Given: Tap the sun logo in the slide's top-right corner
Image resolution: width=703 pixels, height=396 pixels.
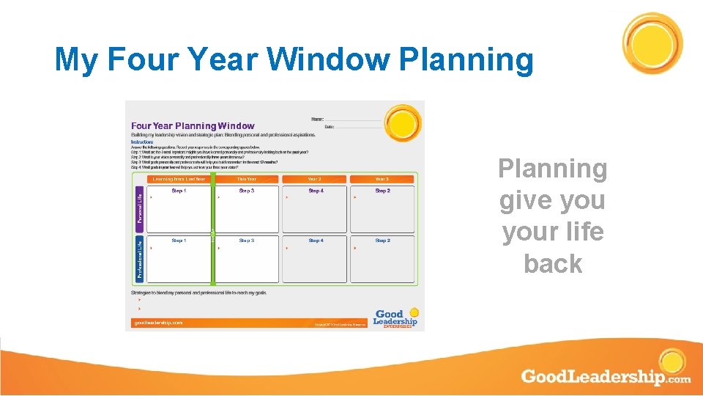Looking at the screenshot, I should (652, 43).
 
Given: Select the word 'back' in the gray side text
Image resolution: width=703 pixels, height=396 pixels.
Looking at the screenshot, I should (553, 263).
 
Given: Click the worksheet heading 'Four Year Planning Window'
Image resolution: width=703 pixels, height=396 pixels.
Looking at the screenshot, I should (193, 126).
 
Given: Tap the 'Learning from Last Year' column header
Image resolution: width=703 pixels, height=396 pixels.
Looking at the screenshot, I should (178, 179).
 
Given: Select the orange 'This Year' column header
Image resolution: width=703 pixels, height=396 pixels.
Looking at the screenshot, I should (247, 179).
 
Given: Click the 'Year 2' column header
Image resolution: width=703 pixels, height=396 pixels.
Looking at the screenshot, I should (315, 179).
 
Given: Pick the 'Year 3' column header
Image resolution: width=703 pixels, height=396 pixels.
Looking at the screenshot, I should (382, 179).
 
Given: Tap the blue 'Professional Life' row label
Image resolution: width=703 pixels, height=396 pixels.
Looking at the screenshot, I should (140, 259).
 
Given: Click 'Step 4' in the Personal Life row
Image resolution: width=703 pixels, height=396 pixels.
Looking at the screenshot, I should (316, 191).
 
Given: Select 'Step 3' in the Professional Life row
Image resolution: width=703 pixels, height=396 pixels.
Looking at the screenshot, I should (247, 241).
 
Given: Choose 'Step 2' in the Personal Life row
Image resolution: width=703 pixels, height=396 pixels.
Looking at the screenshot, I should (382, 191).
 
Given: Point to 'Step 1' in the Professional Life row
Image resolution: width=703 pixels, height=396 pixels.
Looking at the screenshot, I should (179, 241).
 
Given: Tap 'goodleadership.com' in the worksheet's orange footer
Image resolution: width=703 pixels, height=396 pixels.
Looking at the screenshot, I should (158, 323).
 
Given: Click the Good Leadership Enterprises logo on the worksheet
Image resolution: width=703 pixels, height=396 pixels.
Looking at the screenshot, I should (395, 318).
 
